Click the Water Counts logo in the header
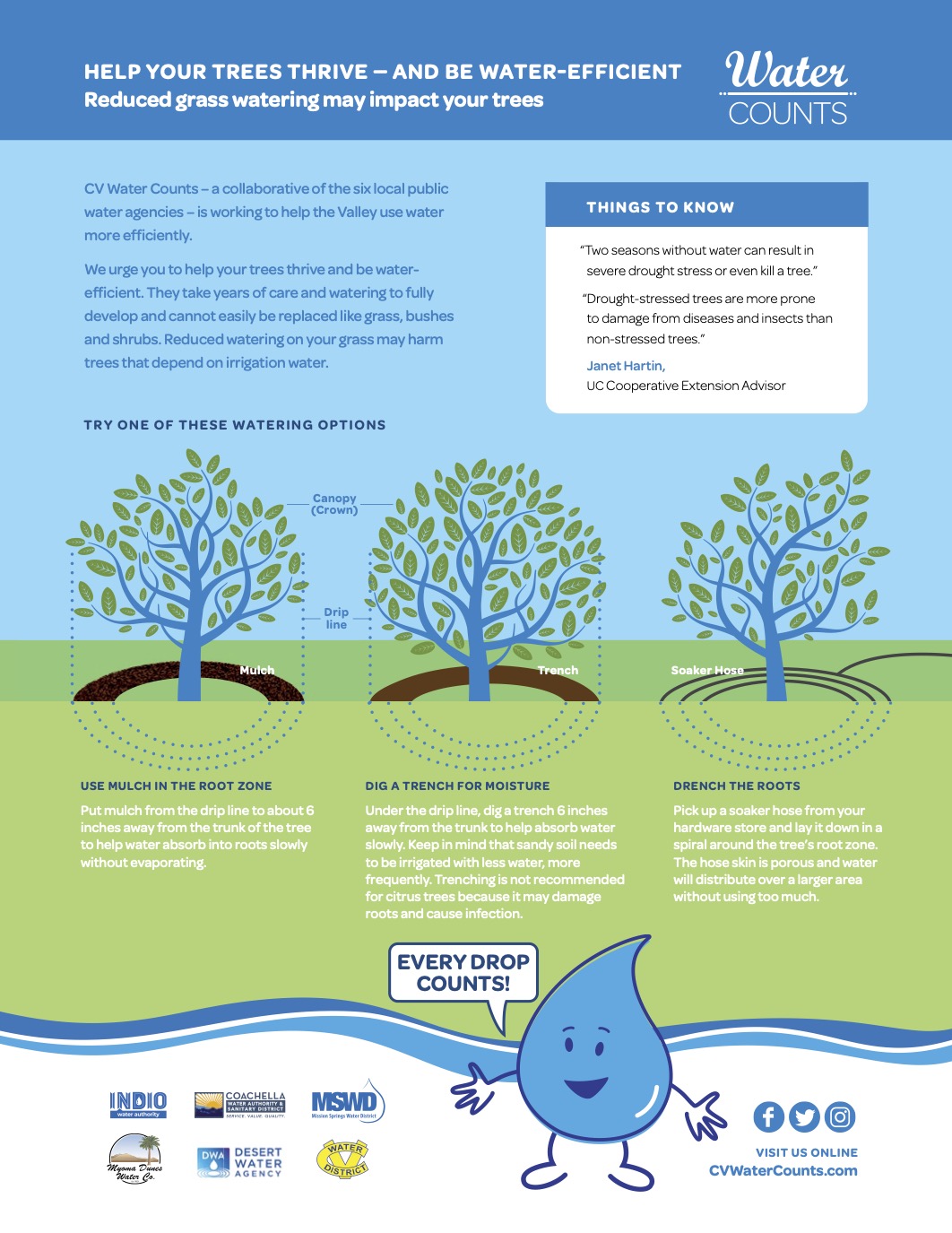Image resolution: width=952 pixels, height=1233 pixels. pyautogui.click(x=787, y=89)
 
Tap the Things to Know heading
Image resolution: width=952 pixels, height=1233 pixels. pyautogui.click(x=660, y=207)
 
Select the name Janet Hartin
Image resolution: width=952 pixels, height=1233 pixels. pyautogui.click(x=625, y=366)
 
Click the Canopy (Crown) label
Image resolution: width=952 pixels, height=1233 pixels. pyautogui.click(x=334, y=504)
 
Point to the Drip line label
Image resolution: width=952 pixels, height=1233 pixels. pyautogui.click(x=336, y=619)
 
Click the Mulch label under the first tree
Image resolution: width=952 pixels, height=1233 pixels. pyautogui.click(x=257, y=670)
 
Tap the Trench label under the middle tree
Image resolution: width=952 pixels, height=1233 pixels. pyautogui.click(x=558, y=670)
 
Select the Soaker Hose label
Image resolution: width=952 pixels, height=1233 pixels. pyautogui.click(x=707, y=670)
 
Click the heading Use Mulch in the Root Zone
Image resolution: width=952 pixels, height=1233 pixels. pyautogui.click(x=176, y=786)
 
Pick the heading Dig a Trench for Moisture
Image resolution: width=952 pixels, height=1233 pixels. pyautogui.click(x=457, y=786)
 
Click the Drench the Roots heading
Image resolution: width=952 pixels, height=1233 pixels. pyautogui.click(x=736, y=786)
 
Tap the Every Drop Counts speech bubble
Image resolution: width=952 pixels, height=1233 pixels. pyautogui.click(x=463, y=973)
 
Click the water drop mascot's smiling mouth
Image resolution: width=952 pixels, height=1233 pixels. pyautogui.click(x=586, y=1088)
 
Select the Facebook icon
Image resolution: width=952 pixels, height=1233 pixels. pyautogui.click(x=768, y=1116)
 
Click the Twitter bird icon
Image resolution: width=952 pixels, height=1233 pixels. pyautogui.click(x=804, y=1116)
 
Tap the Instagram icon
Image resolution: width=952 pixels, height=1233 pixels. pyautogui.click(x=840, y=1116)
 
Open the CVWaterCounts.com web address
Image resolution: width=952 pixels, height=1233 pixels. pyautogui.click(x=783, y=1170)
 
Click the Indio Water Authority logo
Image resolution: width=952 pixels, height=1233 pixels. pyautogui.click(x=138, y=1104)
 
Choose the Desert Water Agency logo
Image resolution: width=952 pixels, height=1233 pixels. pyautogui.click(x=239, y=1162)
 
